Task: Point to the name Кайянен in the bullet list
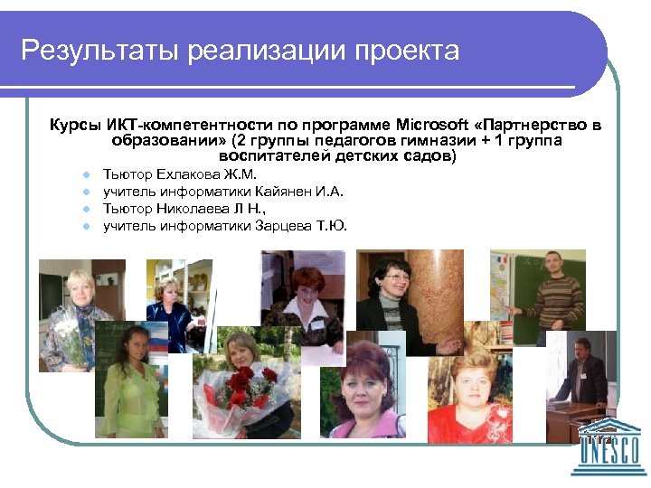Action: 282,192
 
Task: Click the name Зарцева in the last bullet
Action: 288,226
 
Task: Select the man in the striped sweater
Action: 554,298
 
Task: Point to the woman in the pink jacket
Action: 366,398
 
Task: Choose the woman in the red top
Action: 470,398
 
